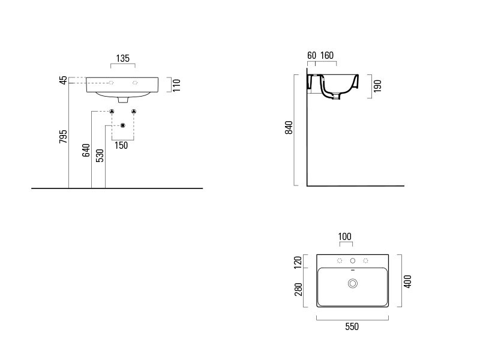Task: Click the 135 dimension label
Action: pyautogui.click(x=123, y=58)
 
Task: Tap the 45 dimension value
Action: pyautogui.click(x=63, y=80)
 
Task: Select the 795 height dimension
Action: pyautogui.click(x=63, y=137)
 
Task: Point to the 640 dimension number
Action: pyautogui.click(x=86, y=151)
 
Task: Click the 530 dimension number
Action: pyautogui.click(x=100, y=155)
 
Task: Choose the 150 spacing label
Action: pyautogui.click(x=121, y=145)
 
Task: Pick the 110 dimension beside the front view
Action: pyautogui.click(x=176, y=85)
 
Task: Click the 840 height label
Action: pyautogui.click(x=289, y=127)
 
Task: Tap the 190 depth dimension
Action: pyautogui.click(x=378, y=86)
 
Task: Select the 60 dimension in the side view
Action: pyautogui.click(x=311, y=55)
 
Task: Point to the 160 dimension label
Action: pyautogui.click(x=327, y=55)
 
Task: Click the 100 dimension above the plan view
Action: pyautogui.click(x=344, y=236)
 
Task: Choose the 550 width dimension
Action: pyautogui.click(x=352, y=326)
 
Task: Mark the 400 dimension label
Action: pyautogui.click(x=407, y=281)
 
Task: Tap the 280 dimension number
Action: pyautogui.click(x=298, y=290)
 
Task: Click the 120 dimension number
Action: pyautogui.click(x=298, y=263)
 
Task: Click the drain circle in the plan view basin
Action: pyautogui.click(x=353, y=283)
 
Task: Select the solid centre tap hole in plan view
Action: pyautogui.click(x=353, y=261)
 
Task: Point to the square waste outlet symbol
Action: pyautogui.click(x=123, y=125)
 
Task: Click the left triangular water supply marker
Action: pyautogui.click(x=112, y=112)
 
